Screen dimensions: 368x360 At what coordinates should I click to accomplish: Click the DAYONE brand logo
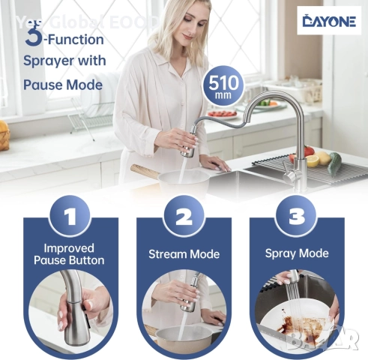tap(329, 21)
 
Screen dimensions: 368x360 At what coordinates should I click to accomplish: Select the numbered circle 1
tap(70, 216)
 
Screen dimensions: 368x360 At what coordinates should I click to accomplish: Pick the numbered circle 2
tap(184, 216)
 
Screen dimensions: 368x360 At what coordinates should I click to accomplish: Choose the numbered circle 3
tap(297, 216)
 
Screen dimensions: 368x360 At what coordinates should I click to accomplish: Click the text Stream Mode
tap(184, 254)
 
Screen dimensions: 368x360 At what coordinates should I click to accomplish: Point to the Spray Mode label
tap(297, 253)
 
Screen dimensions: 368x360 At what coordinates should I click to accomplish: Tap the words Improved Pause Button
tap(69, 254)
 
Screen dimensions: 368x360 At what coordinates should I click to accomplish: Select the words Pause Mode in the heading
tap(63, 85)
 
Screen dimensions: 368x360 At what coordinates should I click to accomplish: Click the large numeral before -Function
tap(33, 37)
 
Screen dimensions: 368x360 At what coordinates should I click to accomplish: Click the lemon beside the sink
tap(313, 160)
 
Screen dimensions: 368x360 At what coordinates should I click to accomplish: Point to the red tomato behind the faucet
tap(309, 151)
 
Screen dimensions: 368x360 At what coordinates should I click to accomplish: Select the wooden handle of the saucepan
tap(145, 171)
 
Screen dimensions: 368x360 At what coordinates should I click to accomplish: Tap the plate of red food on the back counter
tap(222, 115)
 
